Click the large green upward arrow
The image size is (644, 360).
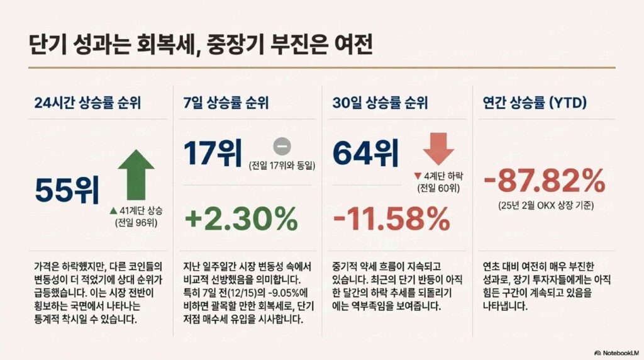tap(136, 175)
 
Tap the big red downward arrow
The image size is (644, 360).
tap(438, 149)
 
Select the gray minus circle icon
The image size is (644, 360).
tap(282, 146)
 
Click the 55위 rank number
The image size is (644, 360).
tap(67, 190)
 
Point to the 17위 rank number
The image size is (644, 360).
tap(213, 153)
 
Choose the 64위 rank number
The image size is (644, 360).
tap(365, 153)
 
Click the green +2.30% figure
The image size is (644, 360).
tap(241, 218)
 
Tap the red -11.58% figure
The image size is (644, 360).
tap(391, 218)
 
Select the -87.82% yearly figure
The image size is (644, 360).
tap(545, 181)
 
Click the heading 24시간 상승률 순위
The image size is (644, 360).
tap(87, 103)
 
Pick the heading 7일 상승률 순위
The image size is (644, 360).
tap(226, 103)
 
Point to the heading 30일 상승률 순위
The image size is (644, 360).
tap(380, 103)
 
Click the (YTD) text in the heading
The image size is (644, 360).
tap(568, 103)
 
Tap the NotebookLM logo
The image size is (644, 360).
tap(616, 352)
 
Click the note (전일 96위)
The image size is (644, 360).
tap(136, 223)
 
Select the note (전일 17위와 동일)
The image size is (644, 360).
tap(282, 166)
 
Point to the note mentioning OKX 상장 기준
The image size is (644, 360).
tap(546, 205)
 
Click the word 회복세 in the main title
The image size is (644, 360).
tap(164, 45)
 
